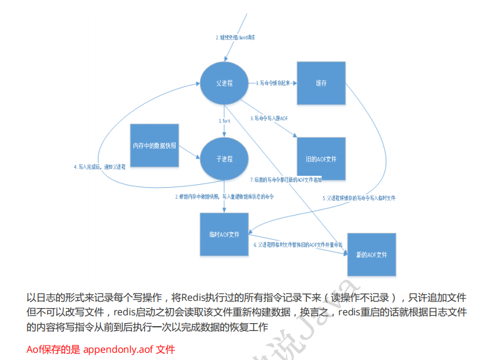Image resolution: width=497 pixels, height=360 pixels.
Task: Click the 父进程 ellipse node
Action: coord(224,83)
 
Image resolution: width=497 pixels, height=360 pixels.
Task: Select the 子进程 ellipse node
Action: coord(224,158)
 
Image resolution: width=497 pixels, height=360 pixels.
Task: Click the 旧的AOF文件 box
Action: coord(321,158)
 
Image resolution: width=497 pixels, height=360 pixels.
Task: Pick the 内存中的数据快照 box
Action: coord(155,146)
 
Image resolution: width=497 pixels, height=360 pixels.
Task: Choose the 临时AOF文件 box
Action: coord(224,234)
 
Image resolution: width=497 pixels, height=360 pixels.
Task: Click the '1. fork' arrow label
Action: coord(225,121)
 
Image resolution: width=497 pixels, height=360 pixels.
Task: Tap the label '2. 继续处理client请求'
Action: coord(236,37)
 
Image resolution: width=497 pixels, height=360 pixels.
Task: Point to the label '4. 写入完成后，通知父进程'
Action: coord(100,166)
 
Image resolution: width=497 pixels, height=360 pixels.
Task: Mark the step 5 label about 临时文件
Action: coord(359,198)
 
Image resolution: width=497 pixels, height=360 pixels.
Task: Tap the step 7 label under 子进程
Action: coord(286,179)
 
